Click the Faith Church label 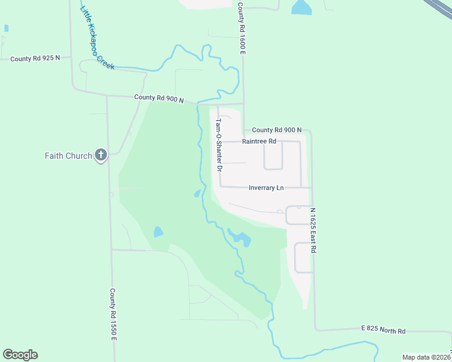(x=68, y=156)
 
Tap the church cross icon (x=101, y=156)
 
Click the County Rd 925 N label (x=36, y=59)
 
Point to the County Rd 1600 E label (x=241, y=29)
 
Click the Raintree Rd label (x=259, y=141)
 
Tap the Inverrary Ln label (x=266, y=188)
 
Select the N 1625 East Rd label (x=313, y=230)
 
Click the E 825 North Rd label (x=383, y=330)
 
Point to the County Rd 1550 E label (x=112, y=314)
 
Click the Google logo (x=20, y=355)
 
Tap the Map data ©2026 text (x=427, y=357)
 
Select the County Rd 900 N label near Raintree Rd (x=277, y=130)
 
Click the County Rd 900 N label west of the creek (x=159, y=98)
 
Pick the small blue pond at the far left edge (x=6, y=28)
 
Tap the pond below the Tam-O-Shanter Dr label (x=197, y=194)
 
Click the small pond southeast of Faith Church (x=158, y=231)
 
